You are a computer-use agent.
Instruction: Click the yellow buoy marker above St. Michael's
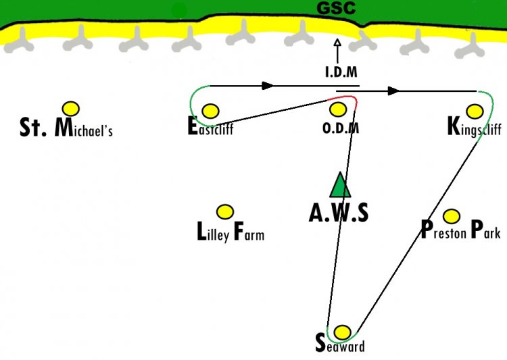[71, 109]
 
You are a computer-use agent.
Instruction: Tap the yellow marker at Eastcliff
[210, 111]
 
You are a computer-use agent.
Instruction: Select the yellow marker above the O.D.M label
[338, 109]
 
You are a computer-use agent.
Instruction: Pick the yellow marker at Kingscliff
[475, 111]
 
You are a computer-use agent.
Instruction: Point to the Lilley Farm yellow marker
[224, 212]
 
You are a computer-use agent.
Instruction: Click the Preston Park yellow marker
[452, 216]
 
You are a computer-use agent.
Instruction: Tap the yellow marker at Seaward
[342, 332]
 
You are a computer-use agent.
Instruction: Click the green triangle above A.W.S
[340, 184]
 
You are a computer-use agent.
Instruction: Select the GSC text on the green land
[336, 7]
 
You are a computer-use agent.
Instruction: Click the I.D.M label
[341, 72]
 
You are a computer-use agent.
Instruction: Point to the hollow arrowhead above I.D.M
[337, 43]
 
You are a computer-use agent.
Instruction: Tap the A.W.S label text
[339, 213]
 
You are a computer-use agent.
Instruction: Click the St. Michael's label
[66, 127]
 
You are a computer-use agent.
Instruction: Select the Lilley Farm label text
[231, 232]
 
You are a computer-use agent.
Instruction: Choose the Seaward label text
[340, 344]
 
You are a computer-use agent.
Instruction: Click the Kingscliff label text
[475, 127]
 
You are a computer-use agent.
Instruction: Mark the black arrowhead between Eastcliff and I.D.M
[268, 86]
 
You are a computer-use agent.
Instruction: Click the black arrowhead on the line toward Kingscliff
[394, 91]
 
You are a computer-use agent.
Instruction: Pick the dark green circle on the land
[179, 11]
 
